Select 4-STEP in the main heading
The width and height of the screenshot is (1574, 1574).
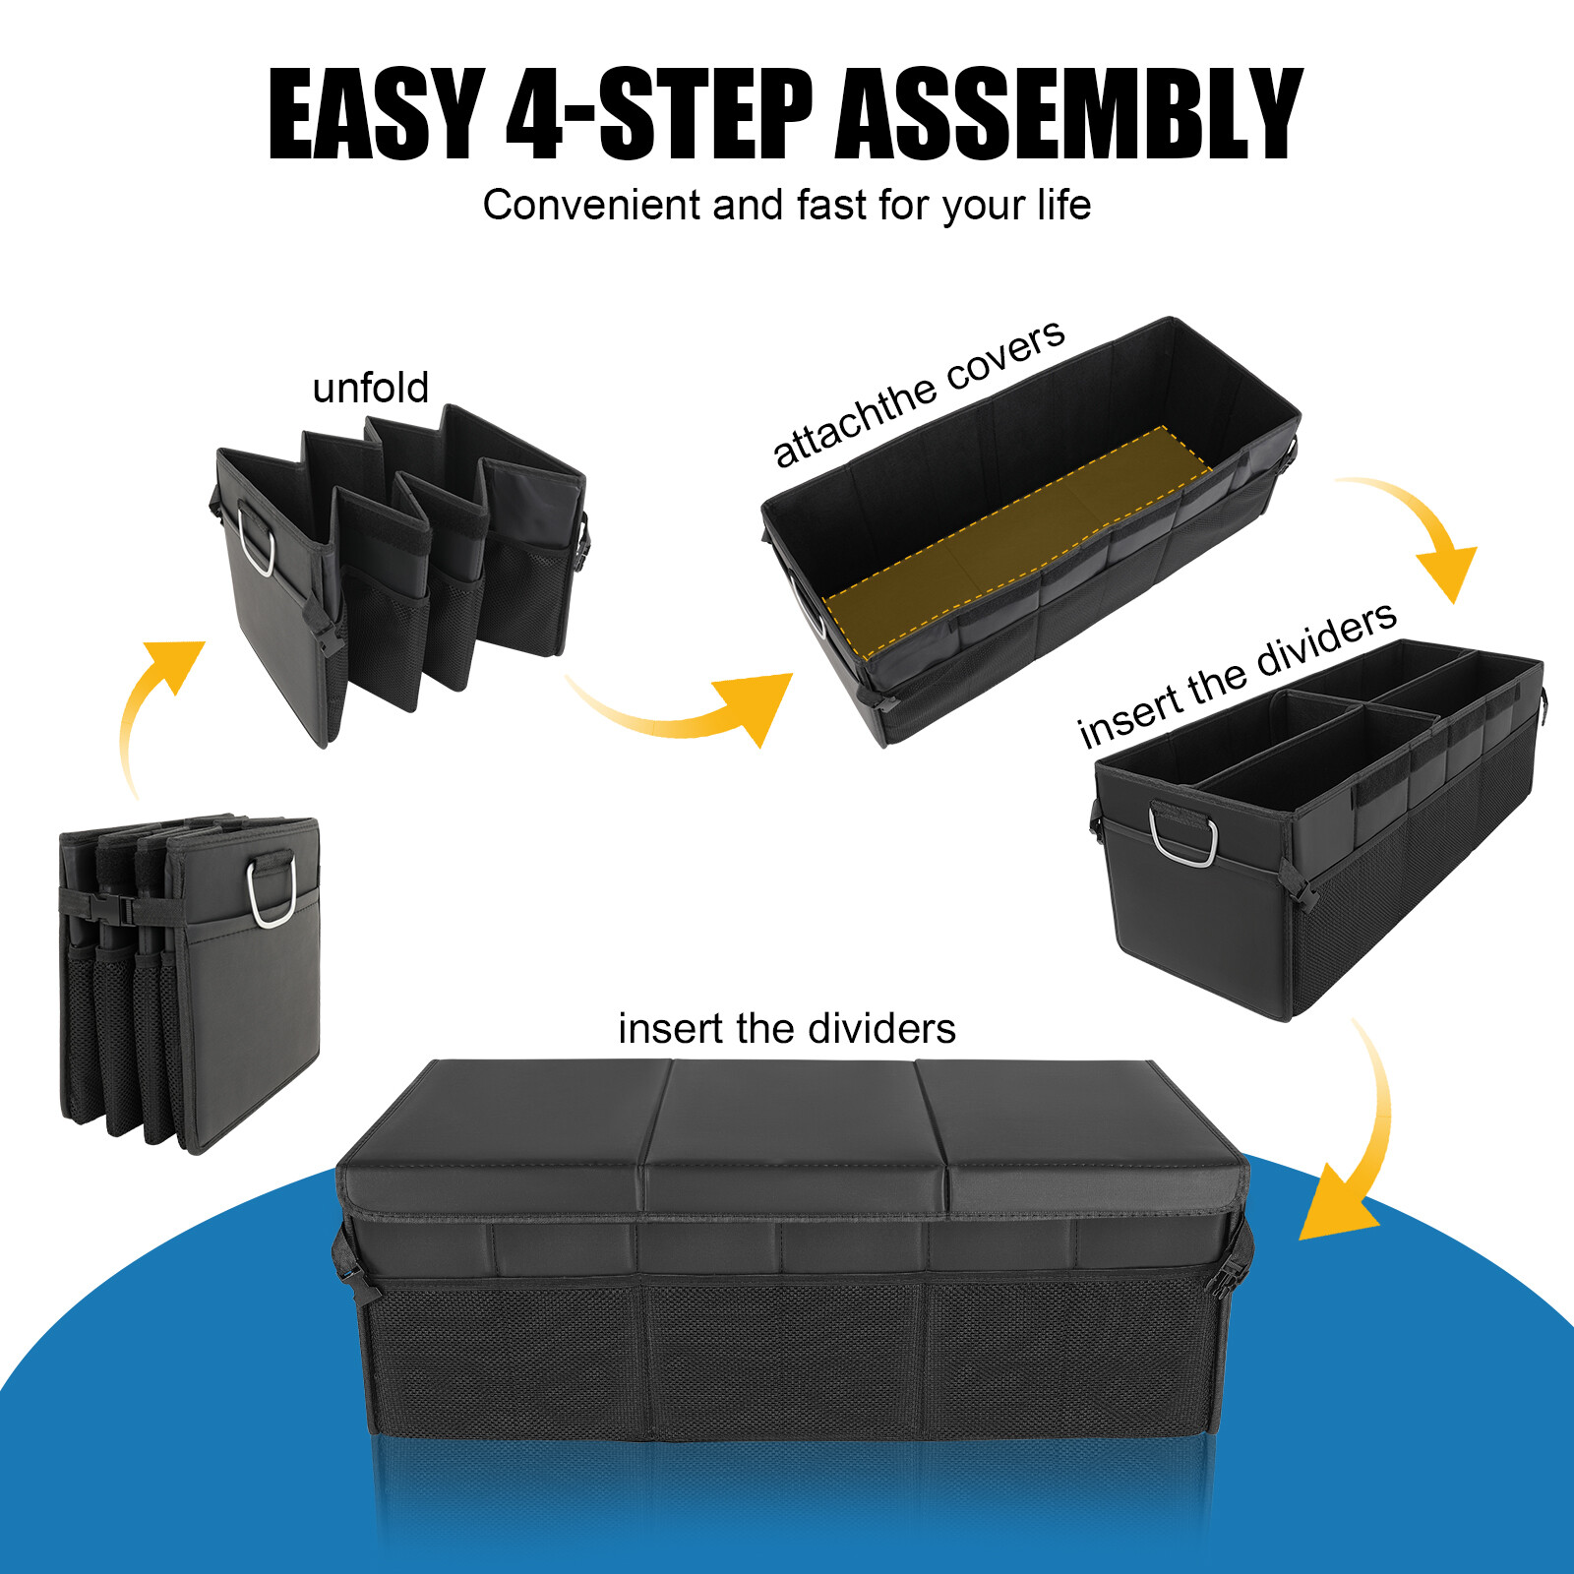coord(659,115)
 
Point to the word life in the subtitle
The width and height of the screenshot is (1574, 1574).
coord(1063,206)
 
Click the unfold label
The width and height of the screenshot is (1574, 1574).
coord(370,388)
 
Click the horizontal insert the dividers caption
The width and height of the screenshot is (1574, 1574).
coord(786,1029)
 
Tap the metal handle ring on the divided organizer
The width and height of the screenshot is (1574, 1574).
coord(1182,835)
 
